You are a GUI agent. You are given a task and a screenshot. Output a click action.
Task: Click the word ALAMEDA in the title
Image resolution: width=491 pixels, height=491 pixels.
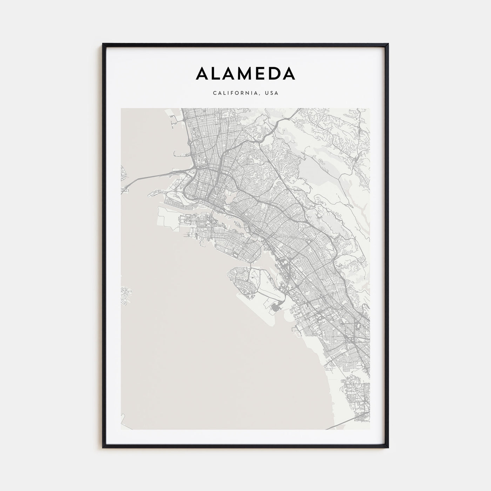pyautogui.click(x=245, y=74)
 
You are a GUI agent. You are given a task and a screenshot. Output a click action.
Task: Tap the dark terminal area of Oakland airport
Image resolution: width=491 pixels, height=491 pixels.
pyautogui.click(x=276, y=309)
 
